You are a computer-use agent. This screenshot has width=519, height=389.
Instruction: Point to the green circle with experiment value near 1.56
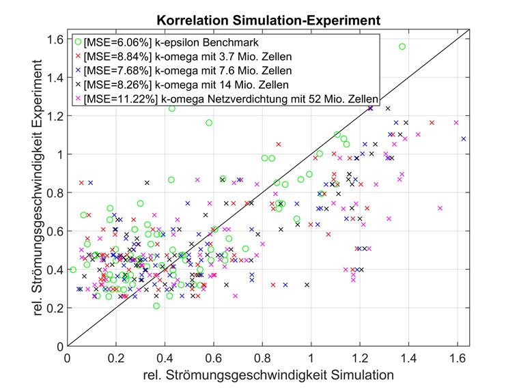click(402, 46)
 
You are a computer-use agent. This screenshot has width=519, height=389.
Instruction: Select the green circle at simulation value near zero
click(73, 270)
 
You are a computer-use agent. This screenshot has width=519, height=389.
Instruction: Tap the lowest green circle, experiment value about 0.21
click(156, 306)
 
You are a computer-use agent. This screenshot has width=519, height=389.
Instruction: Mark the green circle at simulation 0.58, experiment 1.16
click(209, 123)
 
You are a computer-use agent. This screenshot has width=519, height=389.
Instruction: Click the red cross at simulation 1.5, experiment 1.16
click(432, 123)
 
